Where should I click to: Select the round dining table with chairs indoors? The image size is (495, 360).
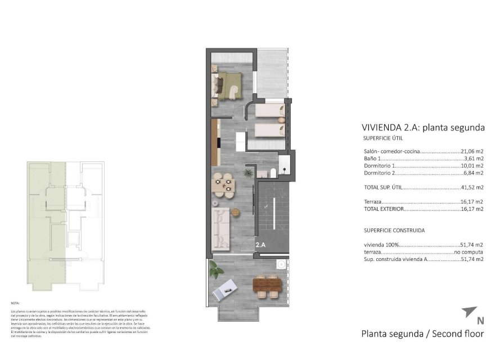pos(223,185)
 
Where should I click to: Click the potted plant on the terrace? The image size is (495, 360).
pos(214,270)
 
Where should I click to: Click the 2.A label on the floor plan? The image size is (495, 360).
pos(260,245)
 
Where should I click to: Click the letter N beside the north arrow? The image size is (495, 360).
pos(480,322)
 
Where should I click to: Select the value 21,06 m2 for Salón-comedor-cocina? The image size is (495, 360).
pos(472,152)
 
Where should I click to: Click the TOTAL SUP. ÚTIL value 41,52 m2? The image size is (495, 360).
pos(472,187)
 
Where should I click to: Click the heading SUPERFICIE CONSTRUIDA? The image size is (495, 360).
pos(394,230)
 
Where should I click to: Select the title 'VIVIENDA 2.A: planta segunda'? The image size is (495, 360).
pos(422,127)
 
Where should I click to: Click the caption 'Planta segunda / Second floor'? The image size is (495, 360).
pos(422,334)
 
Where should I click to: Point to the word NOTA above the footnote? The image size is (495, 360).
pos(16,303)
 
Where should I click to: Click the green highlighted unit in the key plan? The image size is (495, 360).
pos(46,225)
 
